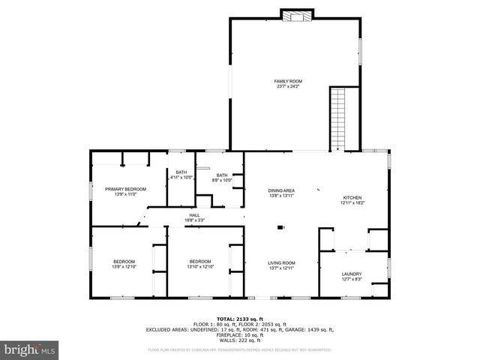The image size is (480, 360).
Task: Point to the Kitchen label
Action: [x=352, y=196]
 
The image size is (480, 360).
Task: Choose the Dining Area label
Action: [x=282, y=190]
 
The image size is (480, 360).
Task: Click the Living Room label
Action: [x=282, y=262]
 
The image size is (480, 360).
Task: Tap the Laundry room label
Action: [x=352, y=274]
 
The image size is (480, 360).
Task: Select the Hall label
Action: [x=194, y=215]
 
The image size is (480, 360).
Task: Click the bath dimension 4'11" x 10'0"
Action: [x=181, y=178]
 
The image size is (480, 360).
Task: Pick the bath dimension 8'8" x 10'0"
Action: [x=222, y=180]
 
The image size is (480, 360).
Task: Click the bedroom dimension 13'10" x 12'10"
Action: [x=200, y=267]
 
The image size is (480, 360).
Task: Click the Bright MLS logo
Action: [x=29, y=349]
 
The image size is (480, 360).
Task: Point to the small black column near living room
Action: [x=280, y=226]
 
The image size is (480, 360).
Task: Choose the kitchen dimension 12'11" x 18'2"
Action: [x=352, y=202]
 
